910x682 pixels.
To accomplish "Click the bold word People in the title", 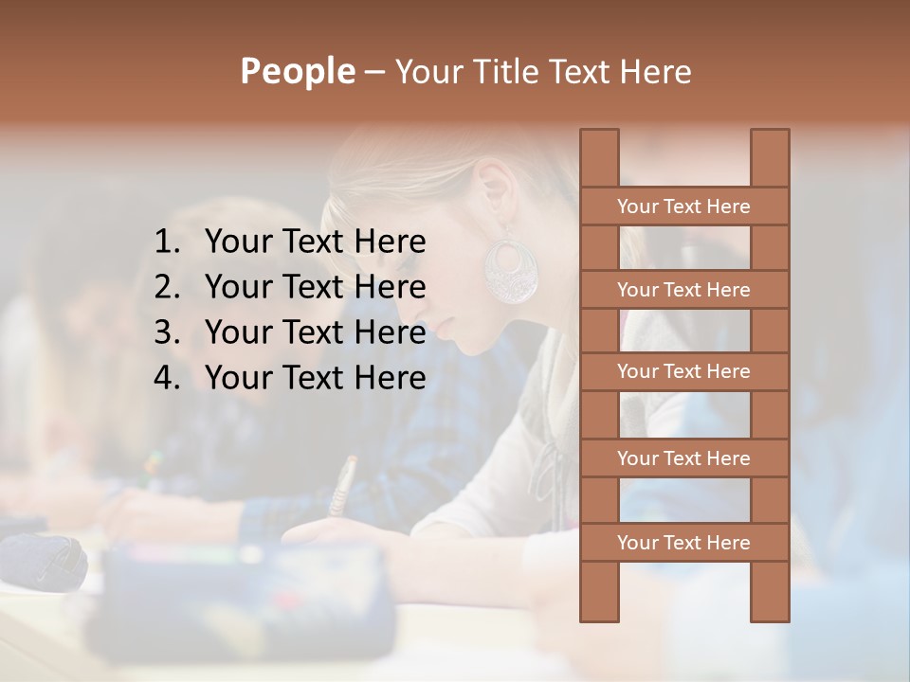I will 297,71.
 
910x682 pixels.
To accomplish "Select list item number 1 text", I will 315,242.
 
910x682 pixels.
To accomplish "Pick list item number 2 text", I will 315,287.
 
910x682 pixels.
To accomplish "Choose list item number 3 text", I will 315,332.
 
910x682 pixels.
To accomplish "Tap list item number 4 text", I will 315,378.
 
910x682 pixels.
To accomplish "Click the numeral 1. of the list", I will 167,242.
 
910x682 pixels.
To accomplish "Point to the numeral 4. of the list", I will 167,378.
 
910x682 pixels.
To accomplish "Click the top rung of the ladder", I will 683,206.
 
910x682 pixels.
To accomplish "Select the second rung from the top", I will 683,290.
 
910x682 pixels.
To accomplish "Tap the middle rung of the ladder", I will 683,372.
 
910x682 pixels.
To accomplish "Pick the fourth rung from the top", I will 683,458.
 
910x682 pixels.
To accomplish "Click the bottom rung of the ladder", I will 683,543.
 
